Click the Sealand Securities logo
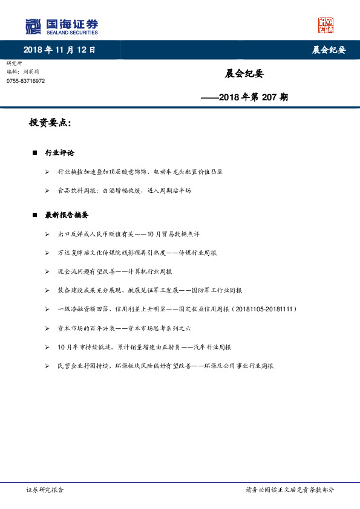61,27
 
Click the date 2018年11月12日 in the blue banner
59,50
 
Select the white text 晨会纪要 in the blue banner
329,50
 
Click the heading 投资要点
50,123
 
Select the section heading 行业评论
60,153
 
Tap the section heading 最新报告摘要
67,215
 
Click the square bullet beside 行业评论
35,153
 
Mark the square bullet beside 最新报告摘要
35,215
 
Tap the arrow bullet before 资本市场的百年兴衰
47,328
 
